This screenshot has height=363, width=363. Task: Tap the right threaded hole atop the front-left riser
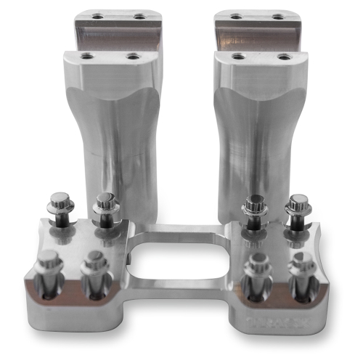(132, 56)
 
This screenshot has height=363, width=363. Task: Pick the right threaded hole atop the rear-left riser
(138, 15)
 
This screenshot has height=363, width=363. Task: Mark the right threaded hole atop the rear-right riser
(277, 15)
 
